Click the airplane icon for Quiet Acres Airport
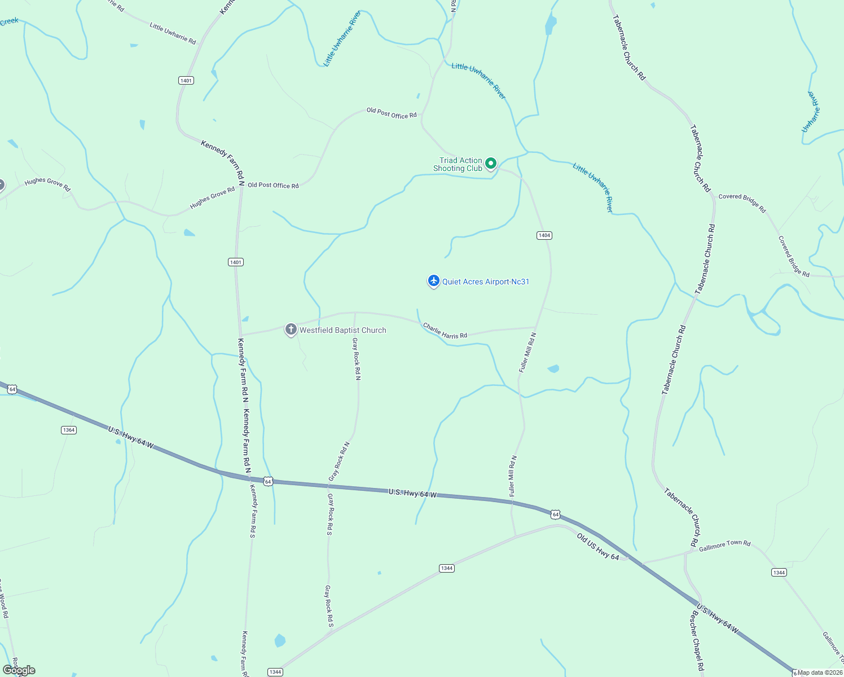coord(433,280)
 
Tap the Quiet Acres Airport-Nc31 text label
coord(486,282)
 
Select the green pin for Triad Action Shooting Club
coord(491,164)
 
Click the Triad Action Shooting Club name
coord(458,164)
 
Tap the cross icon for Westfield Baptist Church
coord(291,329)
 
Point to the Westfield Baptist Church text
coord(343,330)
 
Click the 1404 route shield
coord(544,235)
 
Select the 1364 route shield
coord(69,430)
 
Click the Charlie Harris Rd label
coord(445,331)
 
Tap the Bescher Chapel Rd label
coord(697,641)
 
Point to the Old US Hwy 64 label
coord(598,547)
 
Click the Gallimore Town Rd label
coord(724,546)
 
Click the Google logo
coord(19,670)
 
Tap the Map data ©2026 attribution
coord(820,672)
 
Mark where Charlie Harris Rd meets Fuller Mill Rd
coord(535,327)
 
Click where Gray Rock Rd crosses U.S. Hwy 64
coord(329,485)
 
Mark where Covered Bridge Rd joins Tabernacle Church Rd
coord(714,198)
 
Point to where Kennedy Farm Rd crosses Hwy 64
coord(250,480)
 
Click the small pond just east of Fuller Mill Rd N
coord(553,369)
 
